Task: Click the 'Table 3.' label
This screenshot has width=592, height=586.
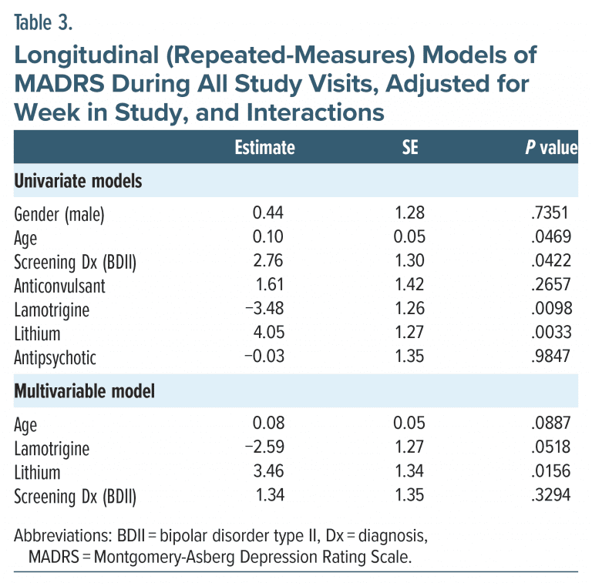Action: [x=44, y=22]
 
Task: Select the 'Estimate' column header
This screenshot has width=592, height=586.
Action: [x=264, y=147]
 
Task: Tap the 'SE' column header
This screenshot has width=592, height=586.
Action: [x=410, y=147]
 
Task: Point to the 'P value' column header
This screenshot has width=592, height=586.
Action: [x=550, y=147]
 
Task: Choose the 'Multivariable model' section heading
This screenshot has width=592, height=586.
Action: [x=85, y=391]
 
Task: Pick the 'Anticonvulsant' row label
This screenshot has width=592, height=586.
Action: [x=60, y=285]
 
